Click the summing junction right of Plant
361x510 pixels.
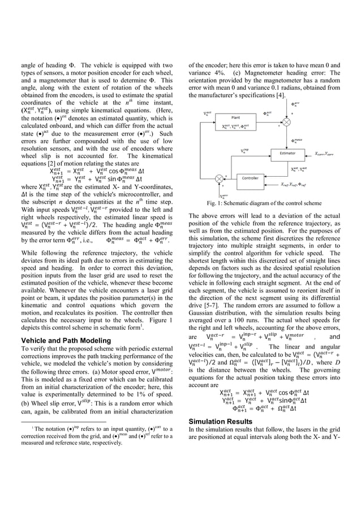click(287, 121)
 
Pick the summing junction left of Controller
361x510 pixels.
click(220, 178)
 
